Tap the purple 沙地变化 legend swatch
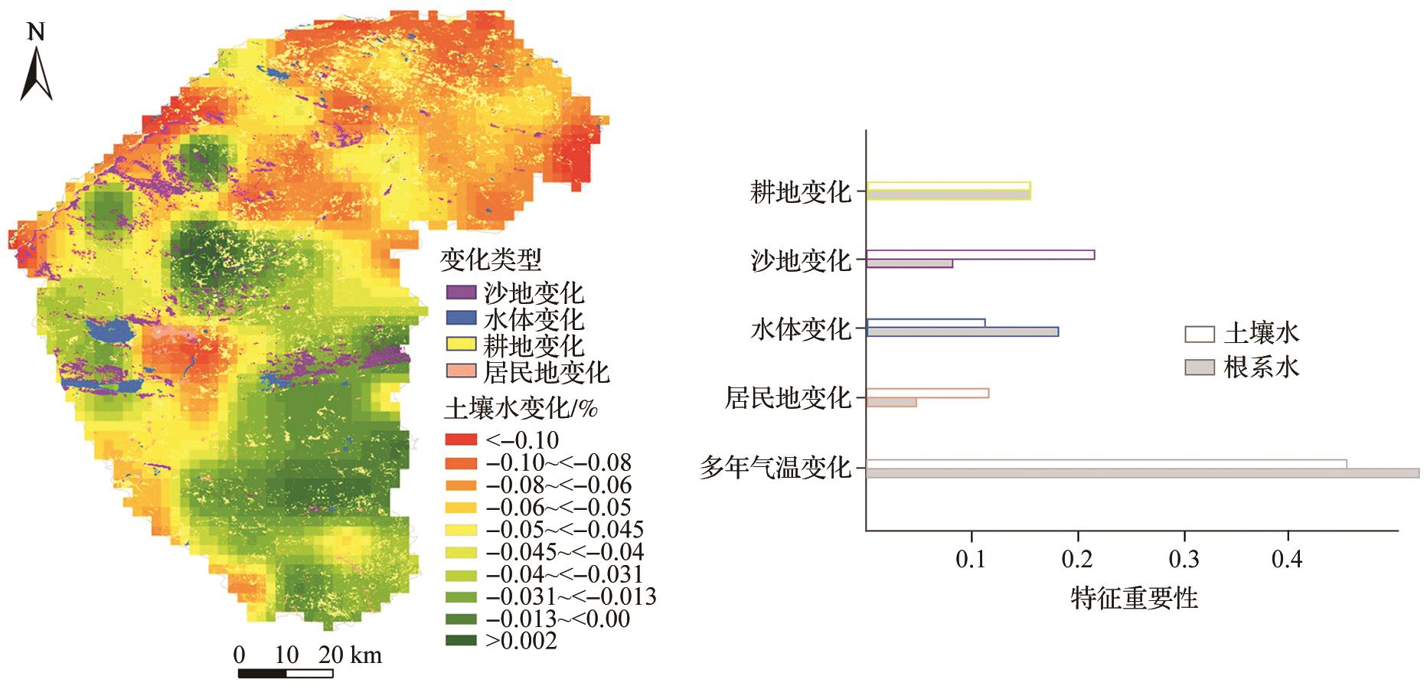[462, 292]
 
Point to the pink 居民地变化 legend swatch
[462, 372]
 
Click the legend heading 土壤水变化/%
[521, 410]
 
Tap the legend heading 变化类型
[490, 260]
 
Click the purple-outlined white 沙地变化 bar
[980, 255]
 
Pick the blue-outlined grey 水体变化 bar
[962, 332]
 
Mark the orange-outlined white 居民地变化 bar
[927, 394]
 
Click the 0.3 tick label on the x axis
[1184, 561]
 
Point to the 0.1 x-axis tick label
[972, 561]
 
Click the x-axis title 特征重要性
[1134, 598]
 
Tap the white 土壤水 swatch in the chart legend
[1200, 335]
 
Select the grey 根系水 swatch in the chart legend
[1200, 367]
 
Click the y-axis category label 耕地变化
[801, 192]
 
